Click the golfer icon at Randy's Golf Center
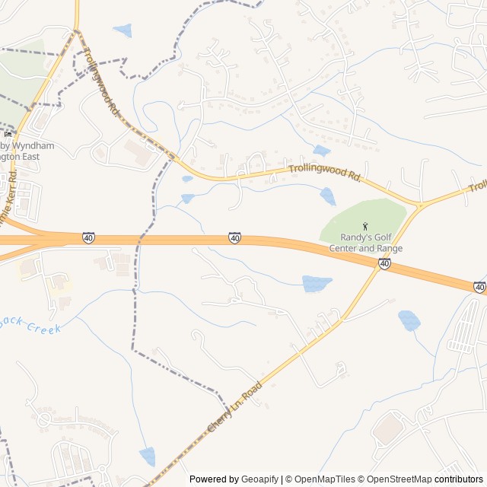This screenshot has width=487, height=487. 366,226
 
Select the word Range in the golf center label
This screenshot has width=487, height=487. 389,248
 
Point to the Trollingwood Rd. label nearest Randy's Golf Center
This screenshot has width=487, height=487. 324,174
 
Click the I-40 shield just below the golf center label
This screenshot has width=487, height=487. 385,263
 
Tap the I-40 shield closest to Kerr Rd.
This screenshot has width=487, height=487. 89,239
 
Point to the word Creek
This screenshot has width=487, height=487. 43,328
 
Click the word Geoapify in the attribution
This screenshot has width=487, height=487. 259,479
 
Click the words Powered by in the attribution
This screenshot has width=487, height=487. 214,479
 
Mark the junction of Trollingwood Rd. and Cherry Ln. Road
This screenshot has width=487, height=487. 419,205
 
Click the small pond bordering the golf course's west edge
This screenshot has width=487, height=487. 328,196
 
